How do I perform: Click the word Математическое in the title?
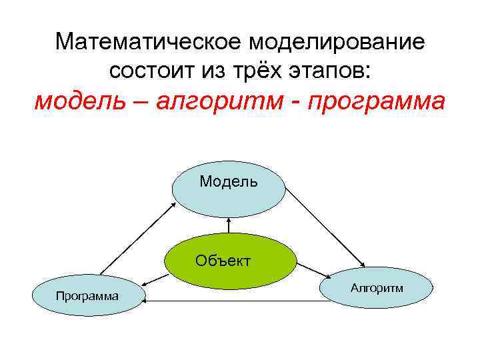pyautogui.click(x=149, y=42)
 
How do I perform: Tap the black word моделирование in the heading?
pyautogui.click(x=337, y=42)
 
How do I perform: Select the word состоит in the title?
pyautogui.click(x=147, y=70)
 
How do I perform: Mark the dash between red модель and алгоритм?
pyautogui.click(x=147, y=103)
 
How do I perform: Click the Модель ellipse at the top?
pyautogui.click(x=229, y=189)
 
